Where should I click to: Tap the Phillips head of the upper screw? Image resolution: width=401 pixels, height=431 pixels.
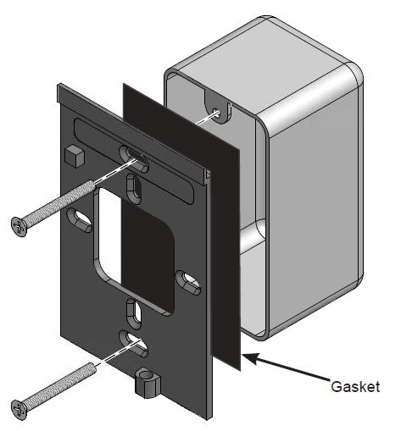tap(20, 224)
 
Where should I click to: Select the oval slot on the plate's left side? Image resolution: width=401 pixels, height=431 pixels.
tap(82, 223)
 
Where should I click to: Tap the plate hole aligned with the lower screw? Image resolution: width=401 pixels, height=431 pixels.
tap(133, 340)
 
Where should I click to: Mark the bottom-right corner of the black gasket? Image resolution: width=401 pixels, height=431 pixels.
tap(242, 366)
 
